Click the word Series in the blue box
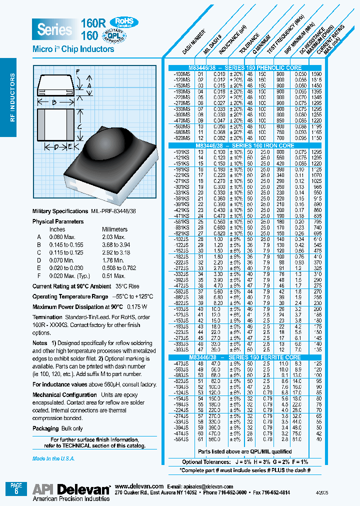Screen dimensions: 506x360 (54, 29)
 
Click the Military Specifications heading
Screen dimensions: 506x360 (60, 211)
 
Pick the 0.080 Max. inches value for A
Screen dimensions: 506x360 (60, 236)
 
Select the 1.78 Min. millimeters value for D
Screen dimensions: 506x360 (112, 260)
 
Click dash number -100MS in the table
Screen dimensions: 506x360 (180, 73)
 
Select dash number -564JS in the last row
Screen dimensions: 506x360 (180, 439)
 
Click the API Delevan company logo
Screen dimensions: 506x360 (71, 489)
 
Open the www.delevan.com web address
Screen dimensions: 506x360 (139, 486)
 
